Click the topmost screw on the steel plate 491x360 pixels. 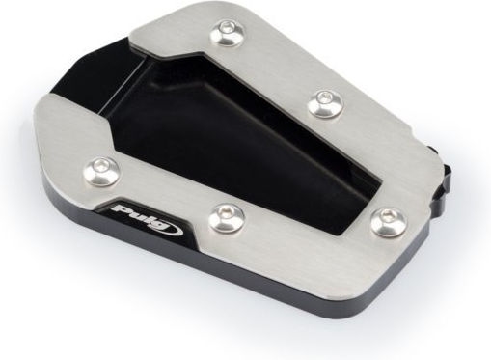(227, 33)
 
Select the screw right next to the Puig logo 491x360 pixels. (226, 217)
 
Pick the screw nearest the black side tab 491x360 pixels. (390, 222)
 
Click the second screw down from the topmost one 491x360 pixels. (325, 103)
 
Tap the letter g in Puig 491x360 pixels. (161, 226)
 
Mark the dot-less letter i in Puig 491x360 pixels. (149, 219)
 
